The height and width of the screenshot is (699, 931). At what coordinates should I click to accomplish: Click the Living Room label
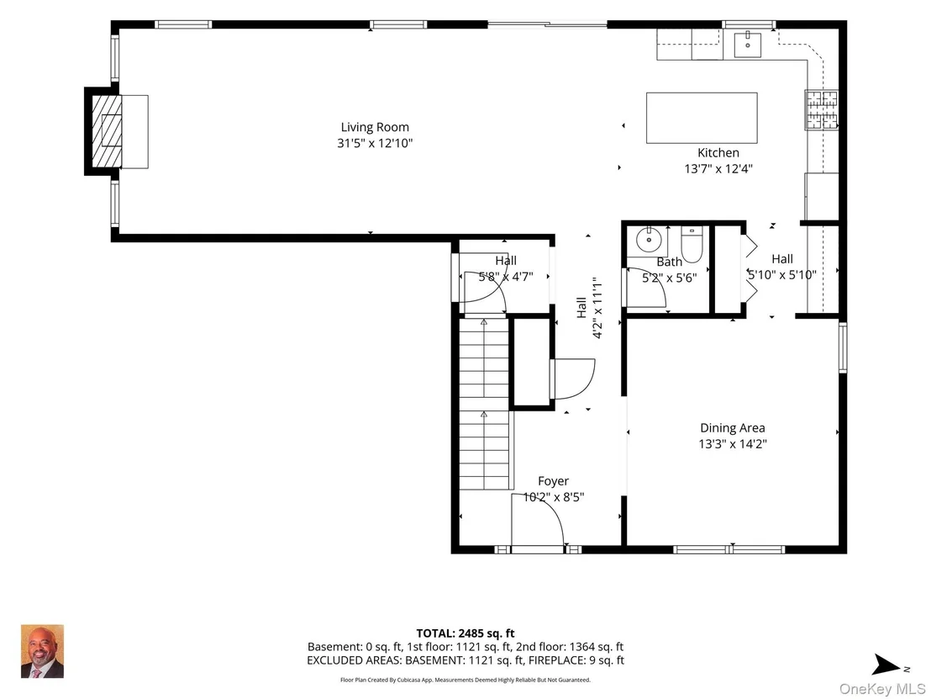pos(375,127)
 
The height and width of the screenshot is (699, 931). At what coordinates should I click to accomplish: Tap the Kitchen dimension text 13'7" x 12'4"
pos(718,169)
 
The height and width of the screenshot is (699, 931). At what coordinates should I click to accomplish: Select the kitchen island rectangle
pos(702,118)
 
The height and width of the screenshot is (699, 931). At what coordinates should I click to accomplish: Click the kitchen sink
pos(748,44)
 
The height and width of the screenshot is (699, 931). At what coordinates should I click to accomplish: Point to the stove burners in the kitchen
pos(822,110)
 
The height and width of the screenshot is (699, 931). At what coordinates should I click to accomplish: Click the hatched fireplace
pos(107,131)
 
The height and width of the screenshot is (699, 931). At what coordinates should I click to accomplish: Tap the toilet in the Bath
pos(692,244)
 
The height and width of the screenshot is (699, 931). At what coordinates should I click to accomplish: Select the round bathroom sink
pos(649,240)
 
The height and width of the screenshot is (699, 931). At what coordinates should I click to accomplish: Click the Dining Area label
pos(733,428)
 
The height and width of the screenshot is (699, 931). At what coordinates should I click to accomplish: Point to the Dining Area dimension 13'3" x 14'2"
pos(733,444)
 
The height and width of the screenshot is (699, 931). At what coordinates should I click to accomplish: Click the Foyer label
pos(554,481)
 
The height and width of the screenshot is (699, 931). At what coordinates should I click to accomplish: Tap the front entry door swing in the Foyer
pos(538,519)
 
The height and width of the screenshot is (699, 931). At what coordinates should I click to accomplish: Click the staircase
pos(485,404)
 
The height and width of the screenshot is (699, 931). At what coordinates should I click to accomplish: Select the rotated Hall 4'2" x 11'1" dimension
pos(597,307)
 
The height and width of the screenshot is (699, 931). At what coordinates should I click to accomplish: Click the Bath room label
pos(669,262)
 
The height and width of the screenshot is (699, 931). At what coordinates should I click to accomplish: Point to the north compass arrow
pos(887,665)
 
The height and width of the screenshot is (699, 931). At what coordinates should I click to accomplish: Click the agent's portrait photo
pos(42,651)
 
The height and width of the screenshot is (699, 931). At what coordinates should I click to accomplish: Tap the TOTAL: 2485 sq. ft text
pos(465,633)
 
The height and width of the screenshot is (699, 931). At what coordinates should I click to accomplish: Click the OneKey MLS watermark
pos(881,689)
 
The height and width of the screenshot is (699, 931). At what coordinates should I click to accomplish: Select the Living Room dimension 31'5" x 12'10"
pos(375,143)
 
